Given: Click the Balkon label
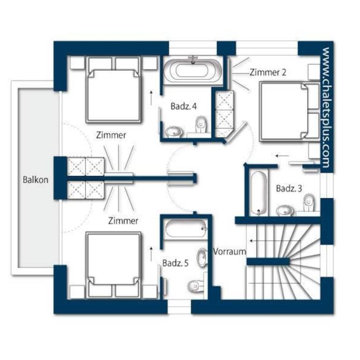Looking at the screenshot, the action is [x=36, y=180].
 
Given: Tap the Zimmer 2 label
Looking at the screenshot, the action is [x=268, y=72].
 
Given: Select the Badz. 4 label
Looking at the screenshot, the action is [x=184, y=106].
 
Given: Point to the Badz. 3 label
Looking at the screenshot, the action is [x=289, y=188].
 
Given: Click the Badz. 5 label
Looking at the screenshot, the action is [x=175, y=263].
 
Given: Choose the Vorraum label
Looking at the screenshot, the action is [x=229, y=252].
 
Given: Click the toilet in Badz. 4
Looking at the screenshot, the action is [x=201, y=124].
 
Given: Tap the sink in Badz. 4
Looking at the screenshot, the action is [x=174, y=132].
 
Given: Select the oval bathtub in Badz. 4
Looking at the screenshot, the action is [x=192, y=70].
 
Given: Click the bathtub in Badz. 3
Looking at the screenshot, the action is [x=259, y=193].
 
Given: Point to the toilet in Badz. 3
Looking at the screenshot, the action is [x=309, y=202].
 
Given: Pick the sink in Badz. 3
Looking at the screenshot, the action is [x=285, y=210].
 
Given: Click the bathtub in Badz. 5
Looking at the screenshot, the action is [x=187, y=229].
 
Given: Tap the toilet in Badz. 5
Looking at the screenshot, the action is [x=196, y=286].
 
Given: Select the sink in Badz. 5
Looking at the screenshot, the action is [x=202, y=257].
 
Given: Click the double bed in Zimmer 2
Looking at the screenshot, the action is [x=290, y=111].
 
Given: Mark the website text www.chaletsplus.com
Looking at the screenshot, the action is [x=326, y=108].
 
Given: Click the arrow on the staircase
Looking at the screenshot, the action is [x=275, y=241].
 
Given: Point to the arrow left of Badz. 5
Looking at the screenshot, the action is [x=151, y=254].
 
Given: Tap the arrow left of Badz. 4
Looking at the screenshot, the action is [x=151, y=98].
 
